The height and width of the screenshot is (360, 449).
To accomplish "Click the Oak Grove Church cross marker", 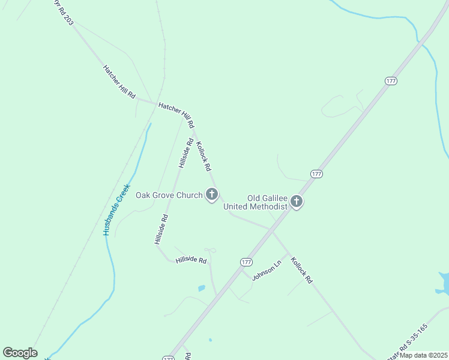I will pos(211,194).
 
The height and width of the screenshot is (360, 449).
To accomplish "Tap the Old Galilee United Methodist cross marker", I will pos(296,202).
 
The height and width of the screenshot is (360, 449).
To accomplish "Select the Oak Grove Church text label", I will pos(169,194).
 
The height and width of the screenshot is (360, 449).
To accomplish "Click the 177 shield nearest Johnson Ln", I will pos(246,262).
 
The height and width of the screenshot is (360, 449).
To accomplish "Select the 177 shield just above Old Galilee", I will pos(317,173).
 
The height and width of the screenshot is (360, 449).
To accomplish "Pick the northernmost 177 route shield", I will pos(391,81).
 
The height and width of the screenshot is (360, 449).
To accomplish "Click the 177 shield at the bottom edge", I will pos(169,358).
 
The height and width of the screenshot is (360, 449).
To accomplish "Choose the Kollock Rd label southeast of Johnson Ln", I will pos(302,270).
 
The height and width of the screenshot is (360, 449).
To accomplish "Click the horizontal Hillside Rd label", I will pos(191,261).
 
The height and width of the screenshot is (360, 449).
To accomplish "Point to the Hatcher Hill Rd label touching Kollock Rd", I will pos(176,115).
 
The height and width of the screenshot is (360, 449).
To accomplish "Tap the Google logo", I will pos(20,353).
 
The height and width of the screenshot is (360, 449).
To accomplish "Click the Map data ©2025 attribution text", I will pos(424,355).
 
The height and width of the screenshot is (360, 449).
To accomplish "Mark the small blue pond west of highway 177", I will pos(202,288).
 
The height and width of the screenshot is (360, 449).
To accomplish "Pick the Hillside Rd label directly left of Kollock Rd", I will pos(185,153).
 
